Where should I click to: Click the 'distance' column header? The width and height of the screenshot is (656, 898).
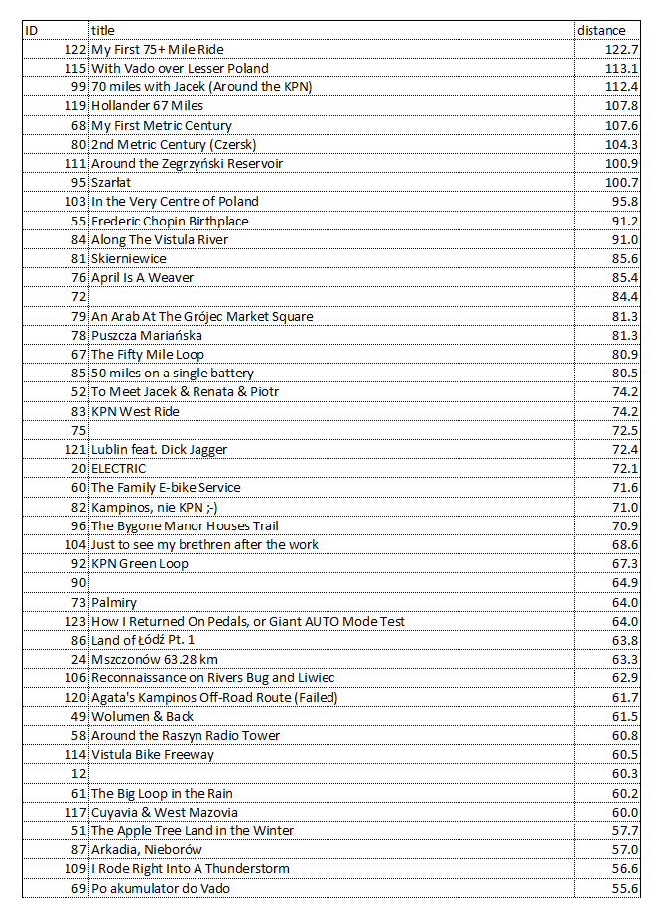(x=601, y=30)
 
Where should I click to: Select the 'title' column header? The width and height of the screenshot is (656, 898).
(x=102, y=30)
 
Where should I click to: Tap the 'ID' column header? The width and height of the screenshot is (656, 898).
(x=32, y=30)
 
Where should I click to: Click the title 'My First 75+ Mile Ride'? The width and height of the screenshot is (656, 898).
(x=158, y=49)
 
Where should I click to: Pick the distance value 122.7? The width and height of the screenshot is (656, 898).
(x=622, y=49)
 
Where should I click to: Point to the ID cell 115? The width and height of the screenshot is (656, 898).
(x=74, y=69)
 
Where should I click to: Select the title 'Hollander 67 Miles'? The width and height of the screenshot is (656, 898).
(x=147, y=106)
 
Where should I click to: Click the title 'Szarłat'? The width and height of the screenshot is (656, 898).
(x=111, y=183)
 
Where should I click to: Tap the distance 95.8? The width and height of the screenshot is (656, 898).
(x=625, y=202)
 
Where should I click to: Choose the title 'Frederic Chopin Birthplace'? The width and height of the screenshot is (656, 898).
(x=170, y=221)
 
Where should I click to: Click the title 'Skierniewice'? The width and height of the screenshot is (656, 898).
(x=129, y=259)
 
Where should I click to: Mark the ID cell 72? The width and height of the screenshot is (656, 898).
(x=79, y=297)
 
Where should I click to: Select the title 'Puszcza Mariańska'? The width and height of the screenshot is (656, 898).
(x=147, y=336)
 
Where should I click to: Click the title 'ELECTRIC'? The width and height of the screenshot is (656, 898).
(x=118, y=469)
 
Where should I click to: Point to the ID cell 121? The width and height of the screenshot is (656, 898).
(x=74, y=450)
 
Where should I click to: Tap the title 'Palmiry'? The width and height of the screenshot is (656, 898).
(x=114, y=603)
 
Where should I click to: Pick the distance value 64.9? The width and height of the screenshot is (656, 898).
(x=625, y=583)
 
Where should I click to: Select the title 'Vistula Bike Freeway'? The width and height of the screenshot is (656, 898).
(x=152, y=755)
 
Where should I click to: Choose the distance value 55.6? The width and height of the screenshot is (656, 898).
(x=625, y=889)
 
